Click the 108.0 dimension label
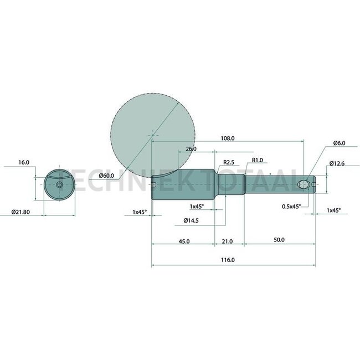click(228, 138)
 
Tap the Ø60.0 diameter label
click(107, 176)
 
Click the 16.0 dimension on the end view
click(23, 163)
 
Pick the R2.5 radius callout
click(229, 162)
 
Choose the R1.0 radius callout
click(258, 160)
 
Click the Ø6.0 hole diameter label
click(340, 143)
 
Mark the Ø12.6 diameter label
click(337, 163)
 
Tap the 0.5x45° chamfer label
click(291, 206)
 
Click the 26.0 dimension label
click(191, 149)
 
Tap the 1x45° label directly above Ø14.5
click(196, 206)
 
